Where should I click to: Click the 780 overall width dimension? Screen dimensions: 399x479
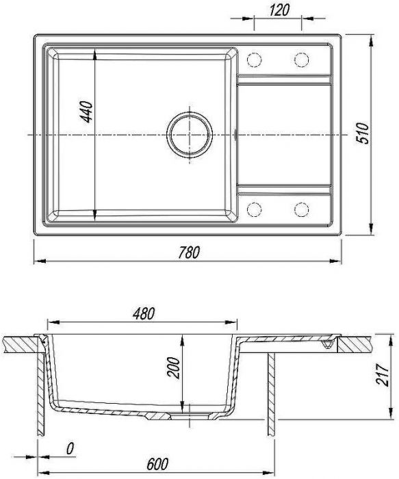pos(189,253)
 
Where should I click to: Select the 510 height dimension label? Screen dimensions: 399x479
pos(363,133)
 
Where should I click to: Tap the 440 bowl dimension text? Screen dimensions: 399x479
pos(86,112)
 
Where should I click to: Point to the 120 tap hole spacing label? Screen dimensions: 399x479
pos(279,10)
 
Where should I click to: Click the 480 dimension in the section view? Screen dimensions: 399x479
pos(144,313)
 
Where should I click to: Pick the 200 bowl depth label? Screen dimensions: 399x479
pos(174,367)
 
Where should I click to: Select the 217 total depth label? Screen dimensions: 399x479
pos(383,374)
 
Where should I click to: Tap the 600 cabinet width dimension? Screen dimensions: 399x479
pos(157,465)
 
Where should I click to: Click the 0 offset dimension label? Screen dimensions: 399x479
pos(70,449)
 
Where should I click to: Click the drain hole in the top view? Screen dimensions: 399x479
pos(190,135)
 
